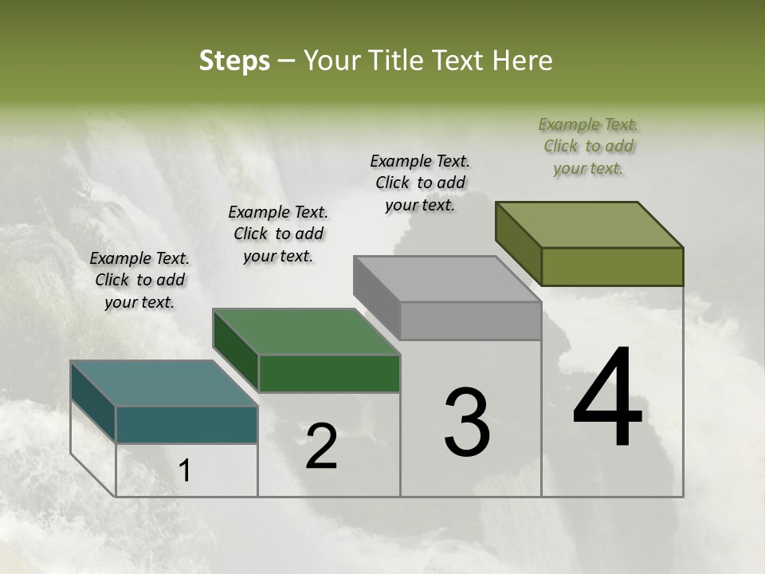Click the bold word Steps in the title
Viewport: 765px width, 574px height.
[x=234, y=61]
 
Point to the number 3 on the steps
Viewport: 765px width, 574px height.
[x=467, y=423]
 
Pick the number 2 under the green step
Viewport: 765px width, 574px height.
[x=321, y=447]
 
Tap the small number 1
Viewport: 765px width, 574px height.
[x=185, y=471]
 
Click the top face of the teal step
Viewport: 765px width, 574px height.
[x=164, y=383]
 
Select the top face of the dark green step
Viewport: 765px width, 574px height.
[x=306, y=332]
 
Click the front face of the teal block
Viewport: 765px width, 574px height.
[x=186, y=424]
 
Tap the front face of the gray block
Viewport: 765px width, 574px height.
[x=470, y=321]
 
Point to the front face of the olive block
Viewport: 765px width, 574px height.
[x=612, y=266]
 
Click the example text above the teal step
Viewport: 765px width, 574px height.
[x=139, y=280]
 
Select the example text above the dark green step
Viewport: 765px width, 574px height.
[x=278, y=234]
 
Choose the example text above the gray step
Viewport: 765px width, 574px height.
[x=420, y=183]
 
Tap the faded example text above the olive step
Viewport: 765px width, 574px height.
[x=588, y=146]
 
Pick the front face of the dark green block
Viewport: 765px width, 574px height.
[x=328, y=373]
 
